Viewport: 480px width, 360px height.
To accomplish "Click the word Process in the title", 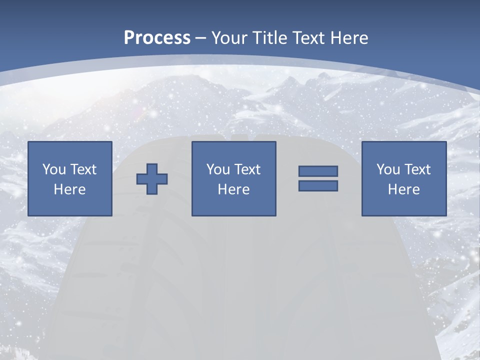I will click(x=157, y=38).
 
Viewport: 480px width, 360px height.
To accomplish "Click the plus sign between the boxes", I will click(x=152, y=178).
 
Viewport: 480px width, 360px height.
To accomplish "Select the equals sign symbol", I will click(x=318, y=178).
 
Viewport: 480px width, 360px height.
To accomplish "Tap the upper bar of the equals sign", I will click(x=318, y=171).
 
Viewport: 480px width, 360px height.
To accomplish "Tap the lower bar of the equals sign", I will click(x=318, y=185).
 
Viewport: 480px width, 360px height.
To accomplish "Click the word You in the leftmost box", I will click(x=54, y=169).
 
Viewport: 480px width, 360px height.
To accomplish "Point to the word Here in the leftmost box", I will click(x=69, y=189).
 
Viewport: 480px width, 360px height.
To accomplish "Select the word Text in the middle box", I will click(x=247, y=169).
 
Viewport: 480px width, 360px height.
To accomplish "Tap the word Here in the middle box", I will click(x=233, y=189).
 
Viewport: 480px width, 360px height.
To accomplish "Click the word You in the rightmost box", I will click(x=388, y=169).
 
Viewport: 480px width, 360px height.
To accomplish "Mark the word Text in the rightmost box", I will click(x=417, y=169).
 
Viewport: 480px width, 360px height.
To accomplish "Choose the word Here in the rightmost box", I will click(x=403, y=189).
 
